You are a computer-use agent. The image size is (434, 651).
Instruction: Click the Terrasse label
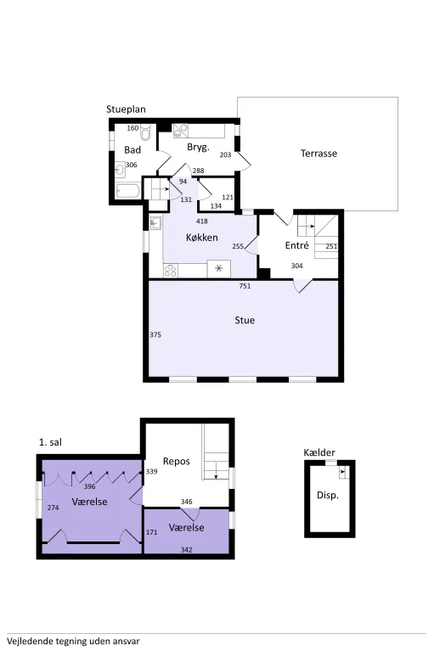tap(318, 153)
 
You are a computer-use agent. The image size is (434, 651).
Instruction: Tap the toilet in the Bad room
tap(145, 132)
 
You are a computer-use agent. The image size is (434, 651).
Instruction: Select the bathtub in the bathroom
tap(128, 192)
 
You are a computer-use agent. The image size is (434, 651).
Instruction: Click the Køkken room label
tap(202, 238)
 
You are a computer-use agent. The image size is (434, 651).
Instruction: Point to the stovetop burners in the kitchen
tap(170, 271)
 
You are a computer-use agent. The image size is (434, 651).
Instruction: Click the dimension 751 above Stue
tap(245, 286)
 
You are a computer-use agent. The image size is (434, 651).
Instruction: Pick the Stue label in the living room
tap(245, 320)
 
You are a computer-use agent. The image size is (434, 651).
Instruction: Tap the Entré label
tap(297, 245)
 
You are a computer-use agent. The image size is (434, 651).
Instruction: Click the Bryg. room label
tap(198, 148)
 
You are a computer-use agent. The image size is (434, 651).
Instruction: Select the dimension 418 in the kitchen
tap(202, 222)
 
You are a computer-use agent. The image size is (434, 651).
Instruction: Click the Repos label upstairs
tap(177, 461)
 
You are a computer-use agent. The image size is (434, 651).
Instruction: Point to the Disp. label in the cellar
tap(328, 496)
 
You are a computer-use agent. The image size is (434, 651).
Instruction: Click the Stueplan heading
tap(126, 109)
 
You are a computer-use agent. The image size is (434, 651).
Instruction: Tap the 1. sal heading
tap(50, 442)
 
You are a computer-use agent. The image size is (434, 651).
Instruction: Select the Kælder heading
tap(319, 452)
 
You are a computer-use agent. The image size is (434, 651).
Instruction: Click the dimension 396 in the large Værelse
tap(90, 486)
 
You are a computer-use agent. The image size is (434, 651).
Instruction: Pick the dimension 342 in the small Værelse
tap(187, 550)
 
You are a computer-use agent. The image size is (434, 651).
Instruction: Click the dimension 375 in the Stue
tap(155, 334)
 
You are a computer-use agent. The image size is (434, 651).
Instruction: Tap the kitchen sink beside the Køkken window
tap(156, 223)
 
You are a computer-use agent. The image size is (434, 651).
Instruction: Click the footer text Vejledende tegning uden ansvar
tap(73, 641)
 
